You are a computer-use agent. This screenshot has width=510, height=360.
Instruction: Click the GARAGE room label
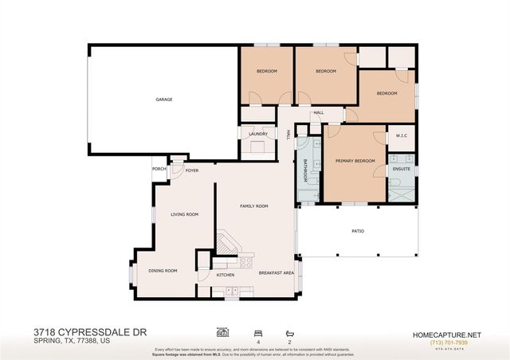163,100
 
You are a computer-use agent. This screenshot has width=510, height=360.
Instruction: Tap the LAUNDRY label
257,134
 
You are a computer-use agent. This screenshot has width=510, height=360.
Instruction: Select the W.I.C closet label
402,135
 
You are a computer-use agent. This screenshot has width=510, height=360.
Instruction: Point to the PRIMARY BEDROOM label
355,161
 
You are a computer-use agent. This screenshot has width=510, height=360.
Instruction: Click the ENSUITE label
402,169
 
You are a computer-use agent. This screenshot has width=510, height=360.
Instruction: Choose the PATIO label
358,231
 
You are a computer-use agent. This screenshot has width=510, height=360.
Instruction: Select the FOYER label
191,170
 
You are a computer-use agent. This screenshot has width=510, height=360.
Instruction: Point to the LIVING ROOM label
185,214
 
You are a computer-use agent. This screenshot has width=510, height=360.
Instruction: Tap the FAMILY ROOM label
254,206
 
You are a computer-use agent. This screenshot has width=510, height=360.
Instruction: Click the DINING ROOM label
163,271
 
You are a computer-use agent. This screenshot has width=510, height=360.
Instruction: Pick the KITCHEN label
226,276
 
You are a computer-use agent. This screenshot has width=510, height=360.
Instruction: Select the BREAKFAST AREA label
276,273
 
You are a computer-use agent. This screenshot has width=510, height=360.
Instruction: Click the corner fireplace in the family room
227,243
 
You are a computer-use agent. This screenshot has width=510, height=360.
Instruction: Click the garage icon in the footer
223,331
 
